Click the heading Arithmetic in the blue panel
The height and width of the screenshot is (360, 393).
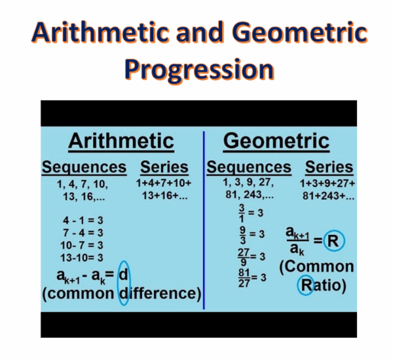click(121, 141)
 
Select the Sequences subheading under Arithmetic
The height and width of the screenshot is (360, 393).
click(84, 167)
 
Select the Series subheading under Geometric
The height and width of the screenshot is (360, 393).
click(329, 167)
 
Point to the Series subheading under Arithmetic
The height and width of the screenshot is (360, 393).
click(164, 167)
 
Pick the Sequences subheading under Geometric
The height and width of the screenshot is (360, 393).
click(248, 167)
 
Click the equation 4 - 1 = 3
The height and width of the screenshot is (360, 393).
click(82, 220)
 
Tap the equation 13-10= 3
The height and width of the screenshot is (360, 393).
click(82, 257)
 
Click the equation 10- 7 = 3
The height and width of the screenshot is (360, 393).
click(82, 245)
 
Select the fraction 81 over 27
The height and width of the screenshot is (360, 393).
click(244, 277)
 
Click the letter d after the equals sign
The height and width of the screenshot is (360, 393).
click(123, 275)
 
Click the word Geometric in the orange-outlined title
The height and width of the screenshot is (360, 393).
click(280, 31)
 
